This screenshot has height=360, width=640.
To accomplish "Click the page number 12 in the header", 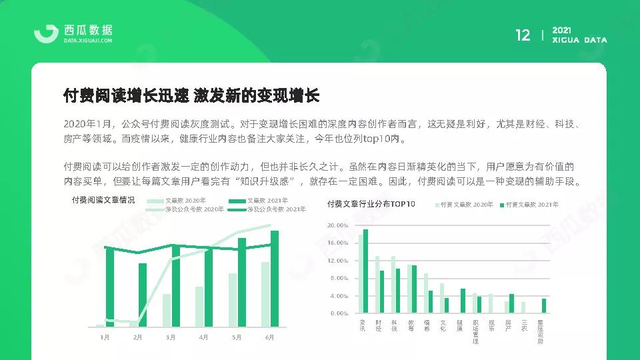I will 523,35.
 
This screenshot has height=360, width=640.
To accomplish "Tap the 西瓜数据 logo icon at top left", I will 46,34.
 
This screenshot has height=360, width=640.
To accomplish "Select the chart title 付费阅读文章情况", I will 103,200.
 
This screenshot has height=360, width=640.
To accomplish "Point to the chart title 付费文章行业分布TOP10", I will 371,204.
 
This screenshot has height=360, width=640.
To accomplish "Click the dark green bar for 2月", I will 142,295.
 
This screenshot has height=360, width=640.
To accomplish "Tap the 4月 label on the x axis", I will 203,337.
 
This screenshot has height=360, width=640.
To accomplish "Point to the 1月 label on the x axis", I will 105,337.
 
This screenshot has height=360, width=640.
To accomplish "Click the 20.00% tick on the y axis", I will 339,226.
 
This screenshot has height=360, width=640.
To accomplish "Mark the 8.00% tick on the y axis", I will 339,278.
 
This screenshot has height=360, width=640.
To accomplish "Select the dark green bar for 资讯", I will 365,271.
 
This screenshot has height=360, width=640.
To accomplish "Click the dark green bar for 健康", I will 463,301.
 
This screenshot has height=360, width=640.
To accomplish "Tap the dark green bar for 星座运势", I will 544,305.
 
